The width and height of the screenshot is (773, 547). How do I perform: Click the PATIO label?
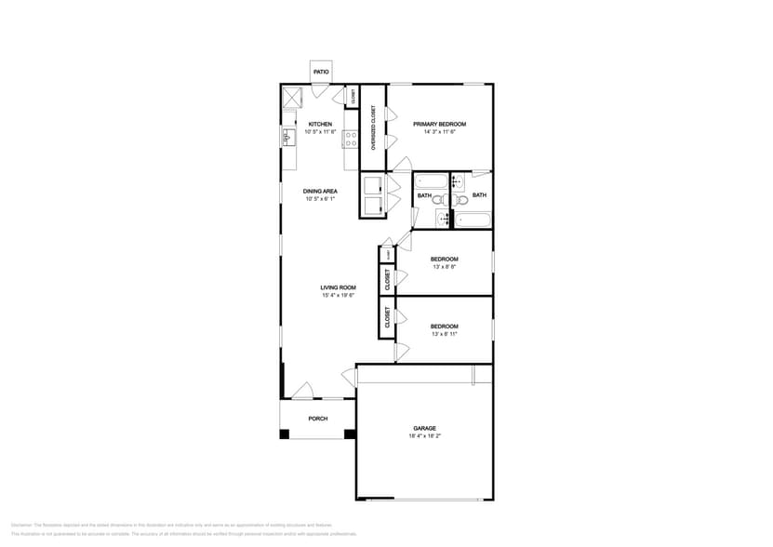coord(320,72)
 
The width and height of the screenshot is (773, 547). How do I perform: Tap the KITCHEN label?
coord(320,124)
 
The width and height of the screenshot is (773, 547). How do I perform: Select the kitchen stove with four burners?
coord(351,140)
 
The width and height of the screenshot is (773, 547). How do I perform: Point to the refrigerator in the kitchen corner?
coord(294,96)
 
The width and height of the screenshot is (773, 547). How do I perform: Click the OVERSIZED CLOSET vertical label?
coord(373,127)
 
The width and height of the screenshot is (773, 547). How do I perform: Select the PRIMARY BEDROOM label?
coord(439,124)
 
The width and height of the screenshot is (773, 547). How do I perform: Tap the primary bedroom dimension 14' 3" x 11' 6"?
coord(439,132)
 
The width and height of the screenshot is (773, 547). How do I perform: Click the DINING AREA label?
coord(319,191)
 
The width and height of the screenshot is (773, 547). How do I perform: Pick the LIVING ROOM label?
coord(338,287)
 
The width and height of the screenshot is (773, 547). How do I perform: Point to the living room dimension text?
coord(338,296)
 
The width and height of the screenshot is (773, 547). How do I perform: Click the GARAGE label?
coord(424,428)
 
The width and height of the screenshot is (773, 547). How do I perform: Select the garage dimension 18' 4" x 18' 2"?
coord(424,436)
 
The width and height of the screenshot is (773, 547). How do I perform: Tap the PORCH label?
coord(318,419)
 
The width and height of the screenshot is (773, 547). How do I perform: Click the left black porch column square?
coord(284,434)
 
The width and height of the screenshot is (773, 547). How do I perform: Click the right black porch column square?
coord(350,434)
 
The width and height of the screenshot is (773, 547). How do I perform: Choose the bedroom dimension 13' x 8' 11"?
coord(444,334)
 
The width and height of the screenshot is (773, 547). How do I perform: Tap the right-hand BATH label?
coord(479,195)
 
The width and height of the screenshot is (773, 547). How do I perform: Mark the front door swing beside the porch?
coord(302,390)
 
